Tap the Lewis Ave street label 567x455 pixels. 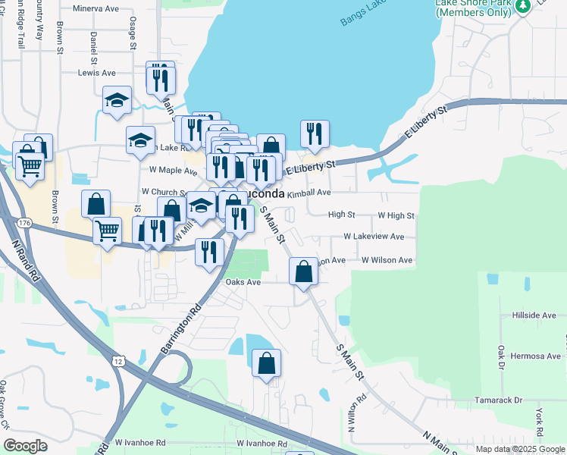pos(97,73)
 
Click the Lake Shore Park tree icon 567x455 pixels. pos(522,6)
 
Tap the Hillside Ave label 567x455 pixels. pos(534,315)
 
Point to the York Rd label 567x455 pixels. pos(539,423)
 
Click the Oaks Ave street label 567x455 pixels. pos(243,282)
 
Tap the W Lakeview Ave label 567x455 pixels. pos(374,237)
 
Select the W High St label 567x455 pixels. pos(396,215)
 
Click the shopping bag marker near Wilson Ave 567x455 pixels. pos(303,271)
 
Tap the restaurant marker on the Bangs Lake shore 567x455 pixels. pos(314,134)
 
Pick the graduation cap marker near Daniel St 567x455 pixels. pos(117,101)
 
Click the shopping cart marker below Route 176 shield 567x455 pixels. pos(108,230)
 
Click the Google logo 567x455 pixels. pos(25,446)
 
